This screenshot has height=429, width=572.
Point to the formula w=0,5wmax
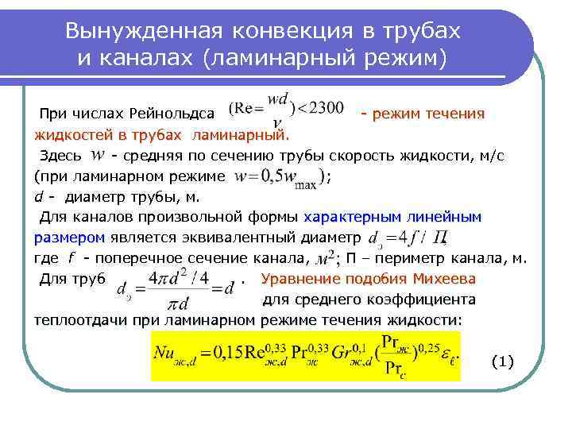[277, 176]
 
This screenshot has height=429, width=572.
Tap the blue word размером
[69, 237]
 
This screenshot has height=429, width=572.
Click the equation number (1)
[503, 361]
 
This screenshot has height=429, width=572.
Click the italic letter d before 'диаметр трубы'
[38, 197]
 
